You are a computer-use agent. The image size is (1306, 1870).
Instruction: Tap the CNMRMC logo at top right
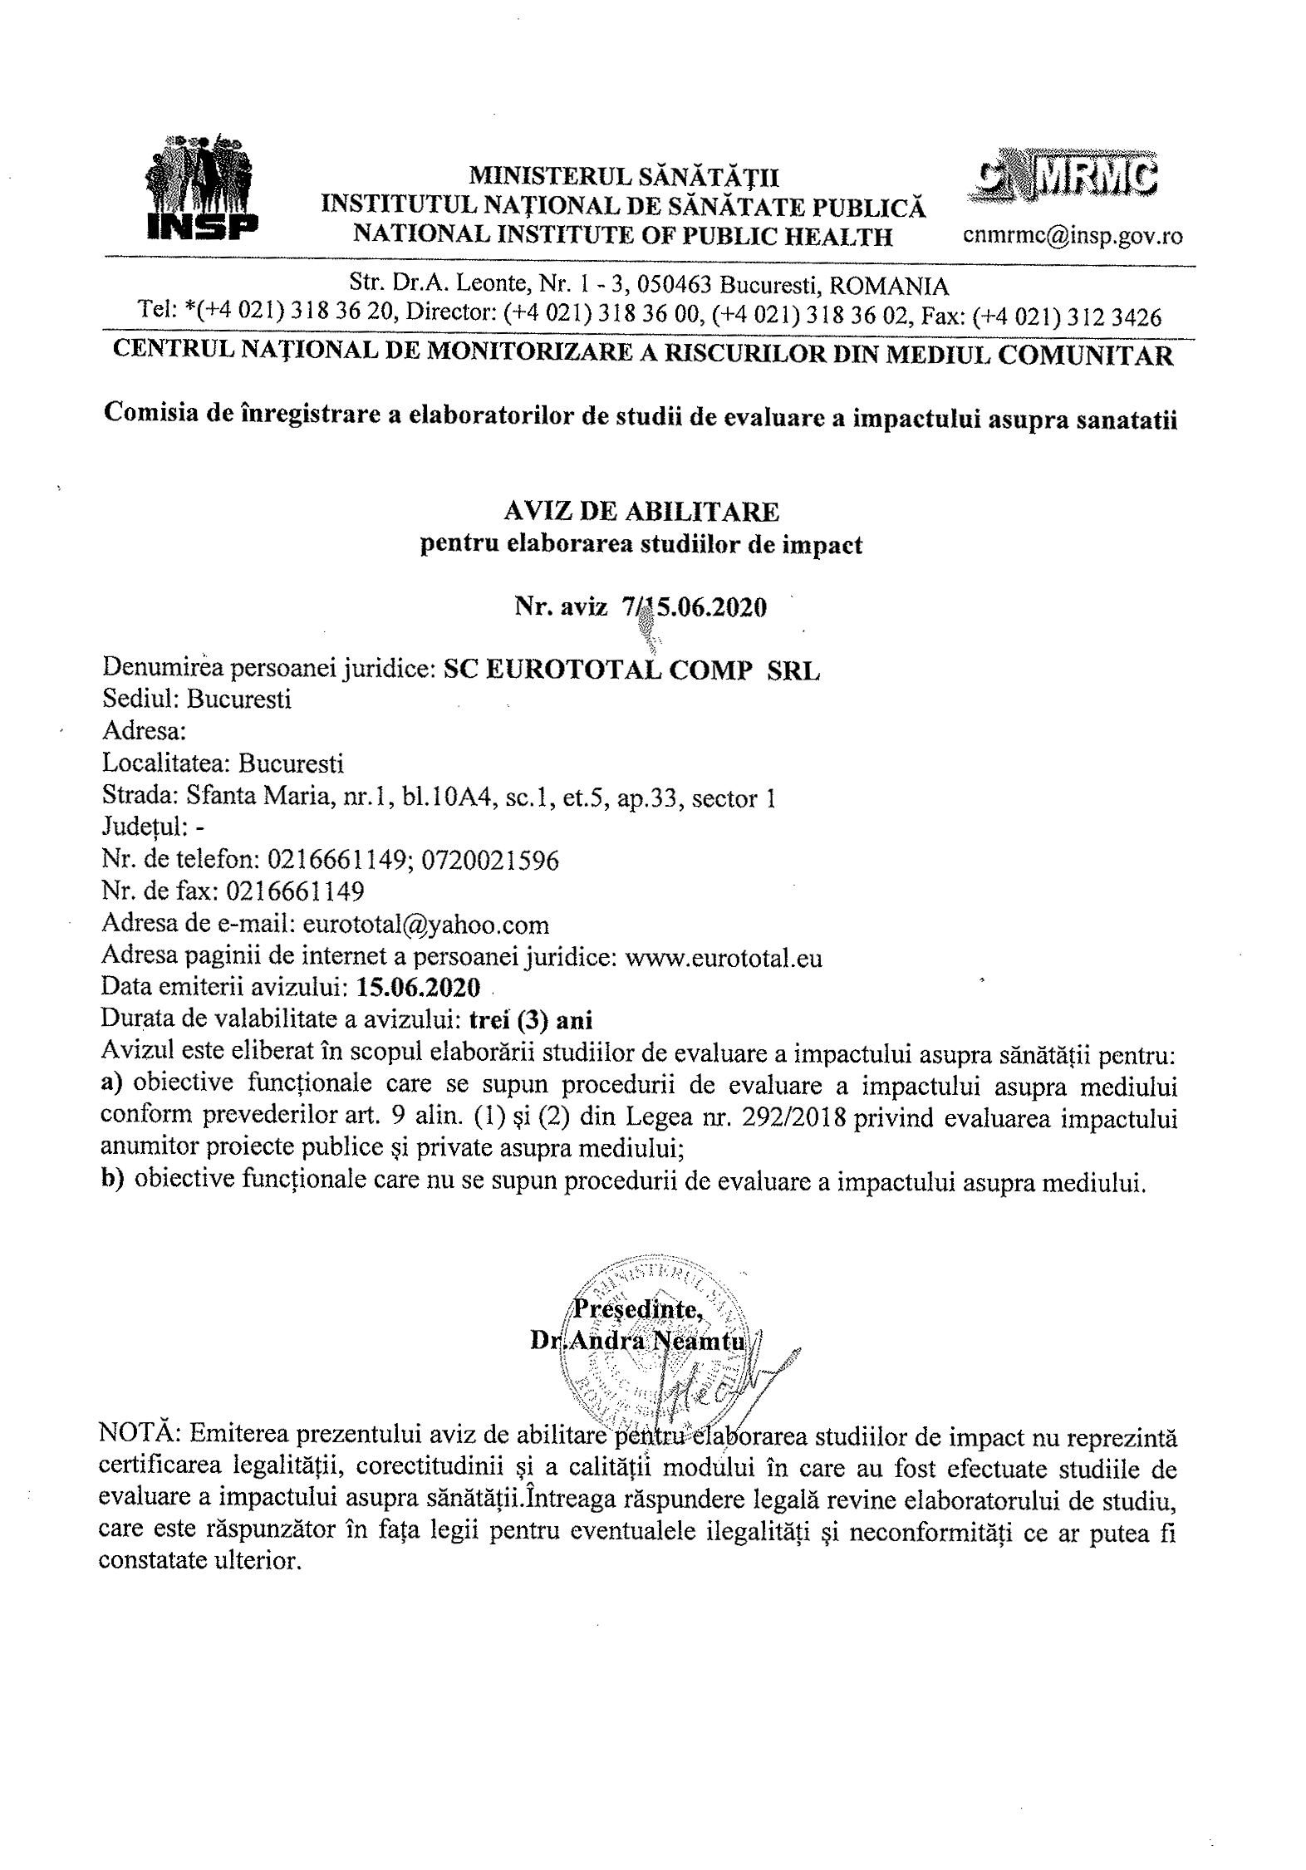(x=1065, y=174)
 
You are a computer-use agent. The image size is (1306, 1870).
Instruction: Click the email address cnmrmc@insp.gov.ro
(x=1073, y=236)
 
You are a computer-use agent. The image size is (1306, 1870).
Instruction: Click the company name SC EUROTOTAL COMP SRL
(x=631, y=670)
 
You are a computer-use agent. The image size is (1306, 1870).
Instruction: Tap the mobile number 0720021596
(x=490, y=860)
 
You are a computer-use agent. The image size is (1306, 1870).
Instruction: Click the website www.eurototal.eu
(x=724, y=958)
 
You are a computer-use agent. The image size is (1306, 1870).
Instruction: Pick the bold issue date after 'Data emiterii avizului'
(x=418, y=989)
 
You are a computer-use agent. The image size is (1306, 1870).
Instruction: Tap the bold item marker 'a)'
(x=112, y=1086)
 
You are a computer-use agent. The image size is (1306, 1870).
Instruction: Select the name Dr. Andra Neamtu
(x=641, y=1342)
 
